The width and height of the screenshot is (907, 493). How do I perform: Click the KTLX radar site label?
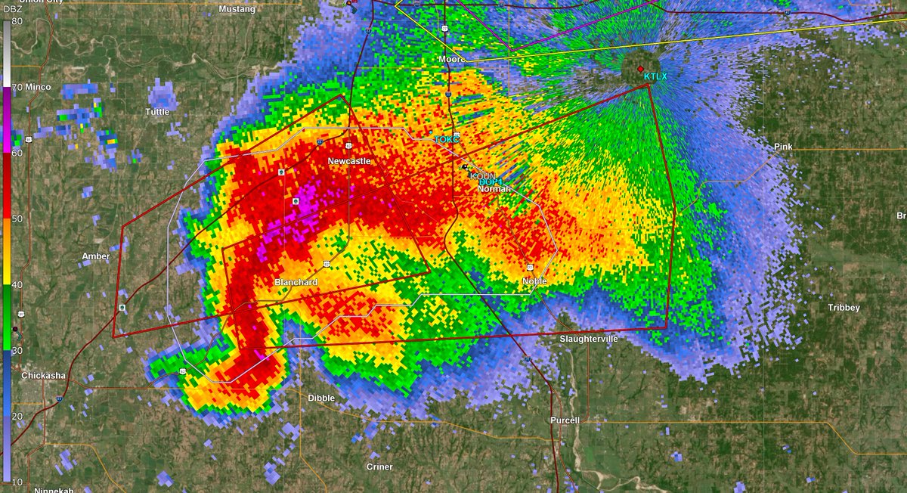coord(655,76)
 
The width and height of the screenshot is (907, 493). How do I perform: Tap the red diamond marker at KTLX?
coord(641,68)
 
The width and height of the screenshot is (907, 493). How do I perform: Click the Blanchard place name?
coord(296,282)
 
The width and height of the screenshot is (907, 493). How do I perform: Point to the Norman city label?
coord(494,188)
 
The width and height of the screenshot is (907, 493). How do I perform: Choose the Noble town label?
coord(534,281)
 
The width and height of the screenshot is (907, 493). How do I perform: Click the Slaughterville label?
coord(589,339)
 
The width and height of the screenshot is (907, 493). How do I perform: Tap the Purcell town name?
coord(565,420)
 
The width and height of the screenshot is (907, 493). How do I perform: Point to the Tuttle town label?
coord(157,112)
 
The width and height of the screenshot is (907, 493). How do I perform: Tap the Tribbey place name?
coord(844,309)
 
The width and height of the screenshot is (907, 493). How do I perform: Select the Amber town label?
coord(96,256)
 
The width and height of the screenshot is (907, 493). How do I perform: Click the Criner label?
coord(379,467)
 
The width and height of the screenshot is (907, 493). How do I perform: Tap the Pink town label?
coord(782,146)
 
